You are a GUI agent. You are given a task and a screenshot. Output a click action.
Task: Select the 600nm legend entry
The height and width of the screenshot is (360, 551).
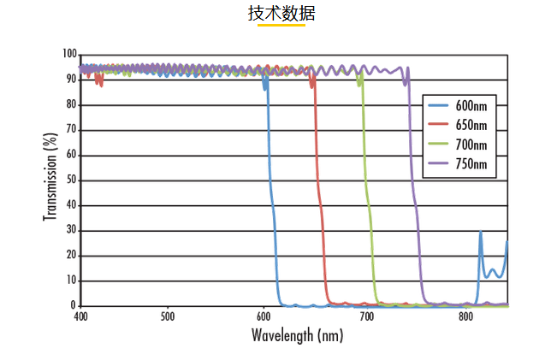point(471,106)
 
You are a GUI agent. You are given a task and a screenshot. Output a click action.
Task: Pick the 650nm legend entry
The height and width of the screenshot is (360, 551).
point(471,125)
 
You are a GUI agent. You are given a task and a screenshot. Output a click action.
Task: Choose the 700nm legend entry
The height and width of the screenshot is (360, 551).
point(471,144)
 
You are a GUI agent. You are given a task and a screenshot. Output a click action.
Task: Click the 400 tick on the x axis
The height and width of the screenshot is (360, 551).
point(81,316)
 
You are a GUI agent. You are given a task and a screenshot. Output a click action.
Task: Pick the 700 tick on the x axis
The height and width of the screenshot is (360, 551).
point(368,316)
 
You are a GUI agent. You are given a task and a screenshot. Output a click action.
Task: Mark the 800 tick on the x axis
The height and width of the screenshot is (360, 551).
point(466,316)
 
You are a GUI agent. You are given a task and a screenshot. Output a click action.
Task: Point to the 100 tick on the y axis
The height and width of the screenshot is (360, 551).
point(69,54)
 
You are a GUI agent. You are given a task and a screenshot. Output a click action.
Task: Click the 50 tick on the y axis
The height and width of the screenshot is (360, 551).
point(72,180)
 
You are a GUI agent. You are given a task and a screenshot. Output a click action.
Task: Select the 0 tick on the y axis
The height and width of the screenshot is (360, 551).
point(74,305)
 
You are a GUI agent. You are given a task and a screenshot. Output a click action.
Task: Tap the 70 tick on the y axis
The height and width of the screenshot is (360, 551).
point(72,130)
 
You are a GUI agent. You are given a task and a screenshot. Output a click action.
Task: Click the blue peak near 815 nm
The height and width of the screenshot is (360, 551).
point(480,233)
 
